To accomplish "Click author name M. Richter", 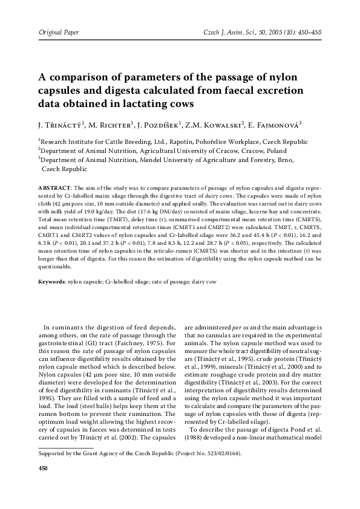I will click(106, 125).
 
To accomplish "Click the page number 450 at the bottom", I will click(42, 468).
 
